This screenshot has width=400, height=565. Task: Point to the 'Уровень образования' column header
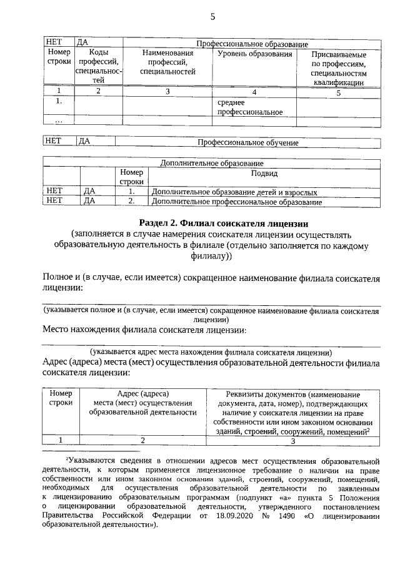tap(254, 54)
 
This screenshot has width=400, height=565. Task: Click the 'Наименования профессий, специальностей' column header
tap(167, 62)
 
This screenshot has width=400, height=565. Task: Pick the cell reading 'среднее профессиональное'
tap(241, 107)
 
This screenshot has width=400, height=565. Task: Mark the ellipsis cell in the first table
tap(58, 120)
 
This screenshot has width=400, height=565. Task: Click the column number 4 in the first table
tap(254, 92)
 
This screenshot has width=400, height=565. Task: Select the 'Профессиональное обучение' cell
tap(248, 143)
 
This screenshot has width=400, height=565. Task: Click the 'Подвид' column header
tap(264, 173)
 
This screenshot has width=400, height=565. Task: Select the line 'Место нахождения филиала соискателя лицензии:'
tap(144, 330)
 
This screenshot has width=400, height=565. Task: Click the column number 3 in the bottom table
tap(292, 441)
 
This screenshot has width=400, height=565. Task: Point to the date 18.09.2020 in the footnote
tap(236, 516)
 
